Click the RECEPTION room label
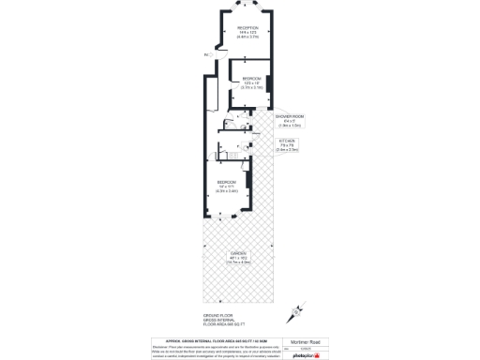(247, 28)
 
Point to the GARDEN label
(239, 253)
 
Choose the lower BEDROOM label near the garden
(227, 181)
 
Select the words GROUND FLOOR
(217, 315)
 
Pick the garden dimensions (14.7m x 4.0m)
(239, 262)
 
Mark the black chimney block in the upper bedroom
(269, 84)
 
